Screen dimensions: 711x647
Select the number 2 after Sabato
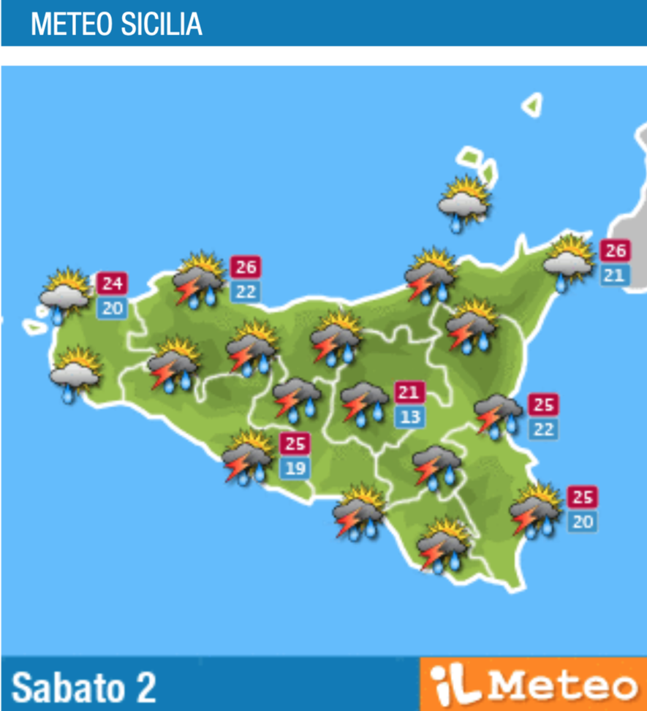click(145, 687)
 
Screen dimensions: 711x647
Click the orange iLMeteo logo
click(533, 685)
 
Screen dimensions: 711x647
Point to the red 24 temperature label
click(112, 283)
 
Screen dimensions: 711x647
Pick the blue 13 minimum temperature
click(409, 417)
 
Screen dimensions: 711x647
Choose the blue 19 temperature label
click(295, 468)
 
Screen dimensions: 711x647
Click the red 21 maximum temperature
click(409, 392)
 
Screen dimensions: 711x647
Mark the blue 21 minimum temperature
click(615, 275)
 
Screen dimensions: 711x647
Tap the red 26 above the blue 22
click(246, 267)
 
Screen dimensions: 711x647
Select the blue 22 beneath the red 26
click(246, 292)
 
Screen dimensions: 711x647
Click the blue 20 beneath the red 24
click(112, 308)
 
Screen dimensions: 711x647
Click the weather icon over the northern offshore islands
click(464, 203)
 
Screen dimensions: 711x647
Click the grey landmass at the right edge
click(630, 212)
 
